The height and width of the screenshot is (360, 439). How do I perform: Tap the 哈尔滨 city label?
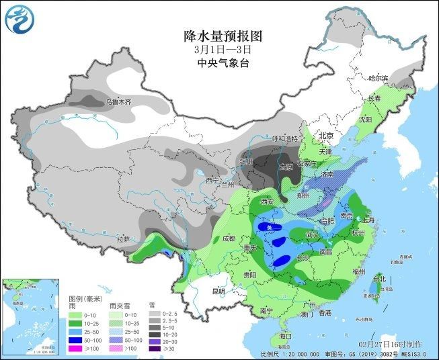(x=378, y=79)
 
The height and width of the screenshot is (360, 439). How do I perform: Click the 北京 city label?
(x=327, y=135)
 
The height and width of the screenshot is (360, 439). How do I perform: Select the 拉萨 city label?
(x=122, y=238)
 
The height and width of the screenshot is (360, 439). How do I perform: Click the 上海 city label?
(x=367, y=219)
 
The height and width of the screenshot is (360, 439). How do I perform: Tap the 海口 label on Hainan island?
(x=286, y=334)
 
